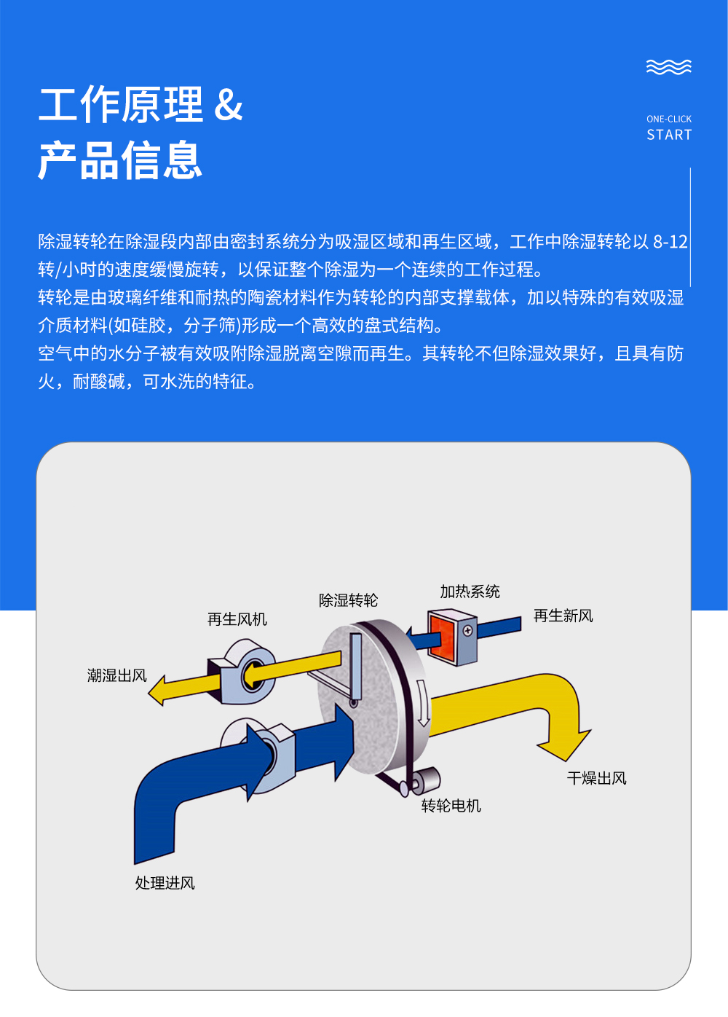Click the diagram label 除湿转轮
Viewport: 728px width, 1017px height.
coord(348,600)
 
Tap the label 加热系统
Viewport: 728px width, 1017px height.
coord(470,592)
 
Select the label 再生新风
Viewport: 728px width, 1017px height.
coord(563,616)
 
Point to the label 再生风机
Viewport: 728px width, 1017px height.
coord(237,619)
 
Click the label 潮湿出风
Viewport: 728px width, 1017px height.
coord(116,676)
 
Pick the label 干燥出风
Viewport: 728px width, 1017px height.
coord(596,779)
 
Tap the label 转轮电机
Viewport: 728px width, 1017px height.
coord(451,806)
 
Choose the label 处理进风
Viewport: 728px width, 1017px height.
coord(165,883)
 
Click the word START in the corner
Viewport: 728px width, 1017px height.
coord(669,135)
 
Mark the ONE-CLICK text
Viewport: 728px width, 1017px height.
coord(669,119)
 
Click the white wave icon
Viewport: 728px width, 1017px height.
coord(669,67)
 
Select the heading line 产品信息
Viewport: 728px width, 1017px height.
coord(120,160)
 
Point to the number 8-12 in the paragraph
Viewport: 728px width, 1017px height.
coord(670,242)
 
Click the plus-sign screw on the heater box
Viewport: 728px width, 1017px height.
coord(467,631)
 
